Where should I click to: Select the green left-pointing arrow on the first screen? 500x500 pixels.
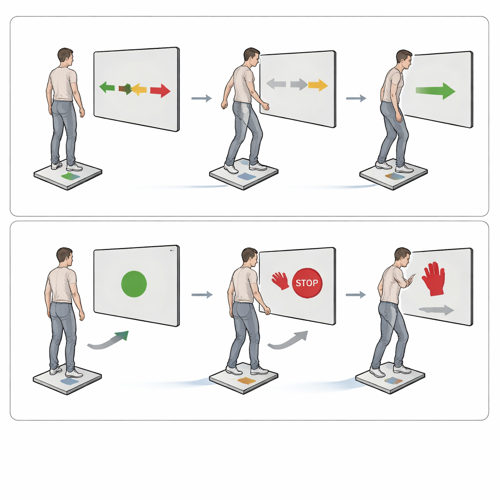click(x=107, y=87)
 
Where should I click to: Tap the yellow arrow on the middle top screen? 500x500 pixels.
click(x=318, y=85)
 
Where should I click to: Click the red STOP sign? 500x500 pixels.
click(x=307, y=283)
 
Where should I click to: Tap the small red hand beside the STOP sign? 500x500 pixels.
click(x=280, y=281)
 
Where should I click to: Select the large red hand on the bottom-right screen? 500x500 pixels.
click(x=433, y=279)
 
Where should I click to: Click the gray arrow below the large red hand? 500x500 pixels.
click(x=437, y=310)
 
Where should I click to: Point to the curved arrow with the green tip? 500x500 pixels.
click(x=108, y=340)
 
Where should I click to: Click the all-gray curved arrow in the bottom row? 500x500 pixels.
click(x=289, y=340)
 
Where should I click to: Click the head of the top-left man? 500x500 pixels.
click(x=65, y=56)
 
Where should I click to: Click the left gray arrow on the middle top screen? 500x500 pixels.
click(x=276, y=84)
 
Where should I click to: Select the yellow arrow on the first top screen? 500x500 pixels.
click(x=139, y=89)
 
